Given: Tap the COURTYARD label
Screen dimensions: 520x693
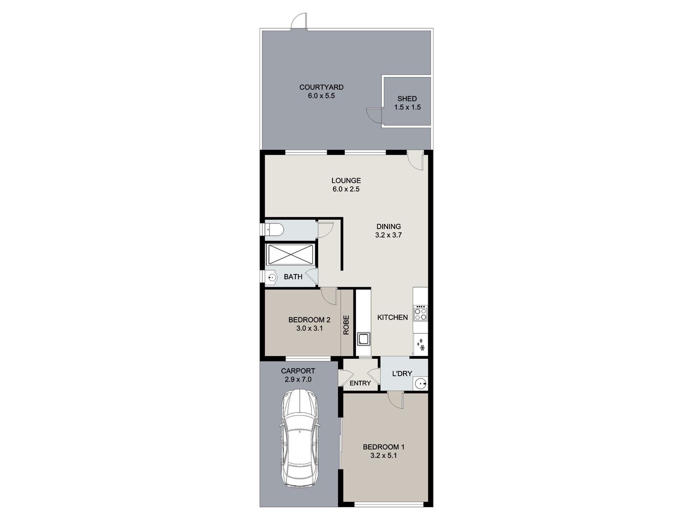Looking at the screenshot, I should [x=321, y=87].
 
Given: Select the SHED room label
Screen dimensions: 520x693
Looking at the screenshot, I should [x=407, y=99].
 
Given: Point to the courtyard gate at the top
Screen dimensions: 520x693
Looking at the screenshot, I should [x=299, y=22].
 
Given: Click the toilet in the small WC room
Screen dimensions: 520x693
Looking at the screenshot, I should [x=274, y=230].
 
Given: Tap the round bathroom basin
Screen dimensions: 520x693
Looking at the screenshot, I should [x=271, y=278].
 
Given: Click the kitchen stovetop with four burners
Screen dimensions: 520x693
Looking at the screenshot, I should [x=420, y=314].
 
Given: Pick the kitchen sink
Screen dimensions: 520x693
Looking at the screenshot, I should [x=364, y=339].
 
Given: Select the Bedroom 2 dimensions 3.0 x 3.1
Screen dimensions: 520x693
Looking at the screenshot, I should [x=309, y=328].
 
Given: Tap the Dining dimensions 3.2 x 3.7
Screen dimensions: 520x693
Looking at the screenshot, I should [x=388, y=235].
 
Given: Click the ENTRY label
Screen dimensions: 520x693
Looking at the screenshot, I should [x=360, y=383].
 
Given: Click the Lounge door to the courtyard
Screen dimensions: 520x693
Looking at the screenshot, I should [x=416, y=161].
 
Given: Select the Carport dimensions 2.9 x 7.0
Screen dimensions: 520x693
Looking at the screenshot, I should [x=298, y=380].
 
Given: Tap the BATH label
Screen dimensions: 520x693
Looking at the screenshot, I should [x=293, y=277].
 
